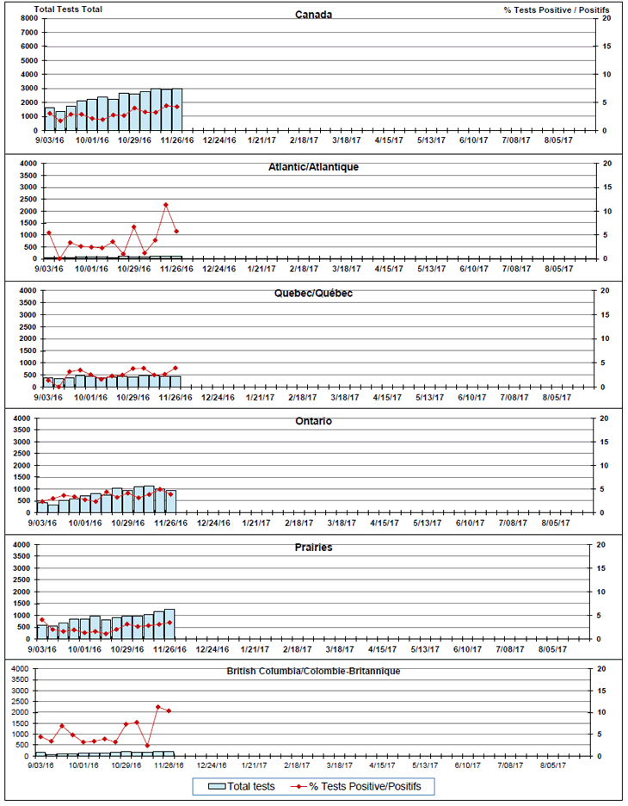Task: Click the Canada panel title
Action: (313, 15)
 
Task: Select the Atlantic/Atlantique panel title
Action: (313, 167)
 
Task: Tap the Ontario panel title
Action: (313, 421)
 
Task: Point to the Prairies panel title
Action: (313, 548)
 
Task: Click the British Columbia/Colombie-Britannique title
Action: (313, 671)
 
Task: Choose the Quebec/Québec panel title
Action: (313, 294)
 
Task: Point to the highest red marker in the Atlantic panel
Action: (166, 205)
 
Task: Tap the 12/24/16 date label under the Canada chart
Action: (219, 140)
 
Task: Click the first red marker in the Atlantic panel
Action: (49, 232)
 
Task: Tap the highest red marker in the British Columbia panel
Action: (158, 707)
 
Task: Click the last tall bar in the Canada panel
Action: (176, 109)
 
